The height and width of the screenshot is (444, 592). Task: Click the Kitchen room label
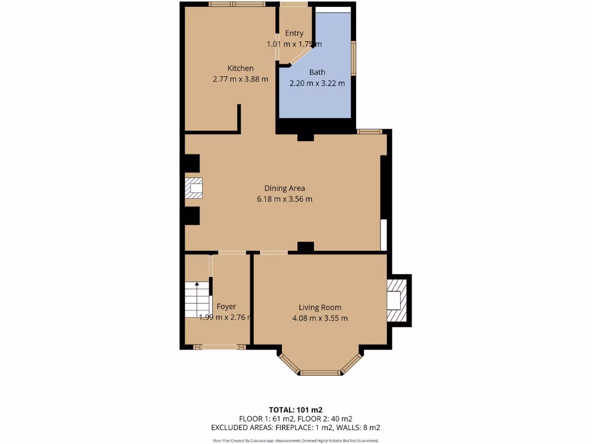(240, 68)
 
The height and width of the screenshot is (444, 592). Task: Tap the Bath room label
(317, 72)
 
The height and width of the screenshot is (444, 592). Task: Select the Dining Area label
(284, 188)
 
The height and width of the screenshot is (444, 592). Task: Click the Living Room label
(320, 308)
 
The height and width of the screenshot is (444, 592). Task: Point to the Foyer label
(226, 306)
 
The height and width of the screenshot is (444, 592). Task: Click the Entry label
(294, 34)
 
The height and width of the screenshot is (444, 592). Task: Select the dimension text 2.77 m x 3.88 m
(240, 79)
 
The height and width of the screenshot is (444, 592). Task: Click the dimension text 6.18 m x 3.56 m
(284, 199)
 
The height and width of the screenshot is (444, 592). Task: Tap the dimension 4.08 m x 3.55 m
(320, 318)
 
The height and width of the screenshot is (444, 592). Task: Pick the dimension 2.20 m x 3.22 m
(317, 83)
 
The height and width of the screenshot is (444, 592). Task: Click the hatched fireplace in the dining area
(194, 188)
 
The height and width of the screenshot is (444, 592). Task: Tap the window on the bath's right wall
(354, 58)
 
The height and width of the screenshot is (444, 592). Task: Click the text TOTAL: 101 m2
(295, 410)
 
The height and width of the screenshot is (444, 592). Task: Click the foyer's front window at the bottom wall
(219, 347)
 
